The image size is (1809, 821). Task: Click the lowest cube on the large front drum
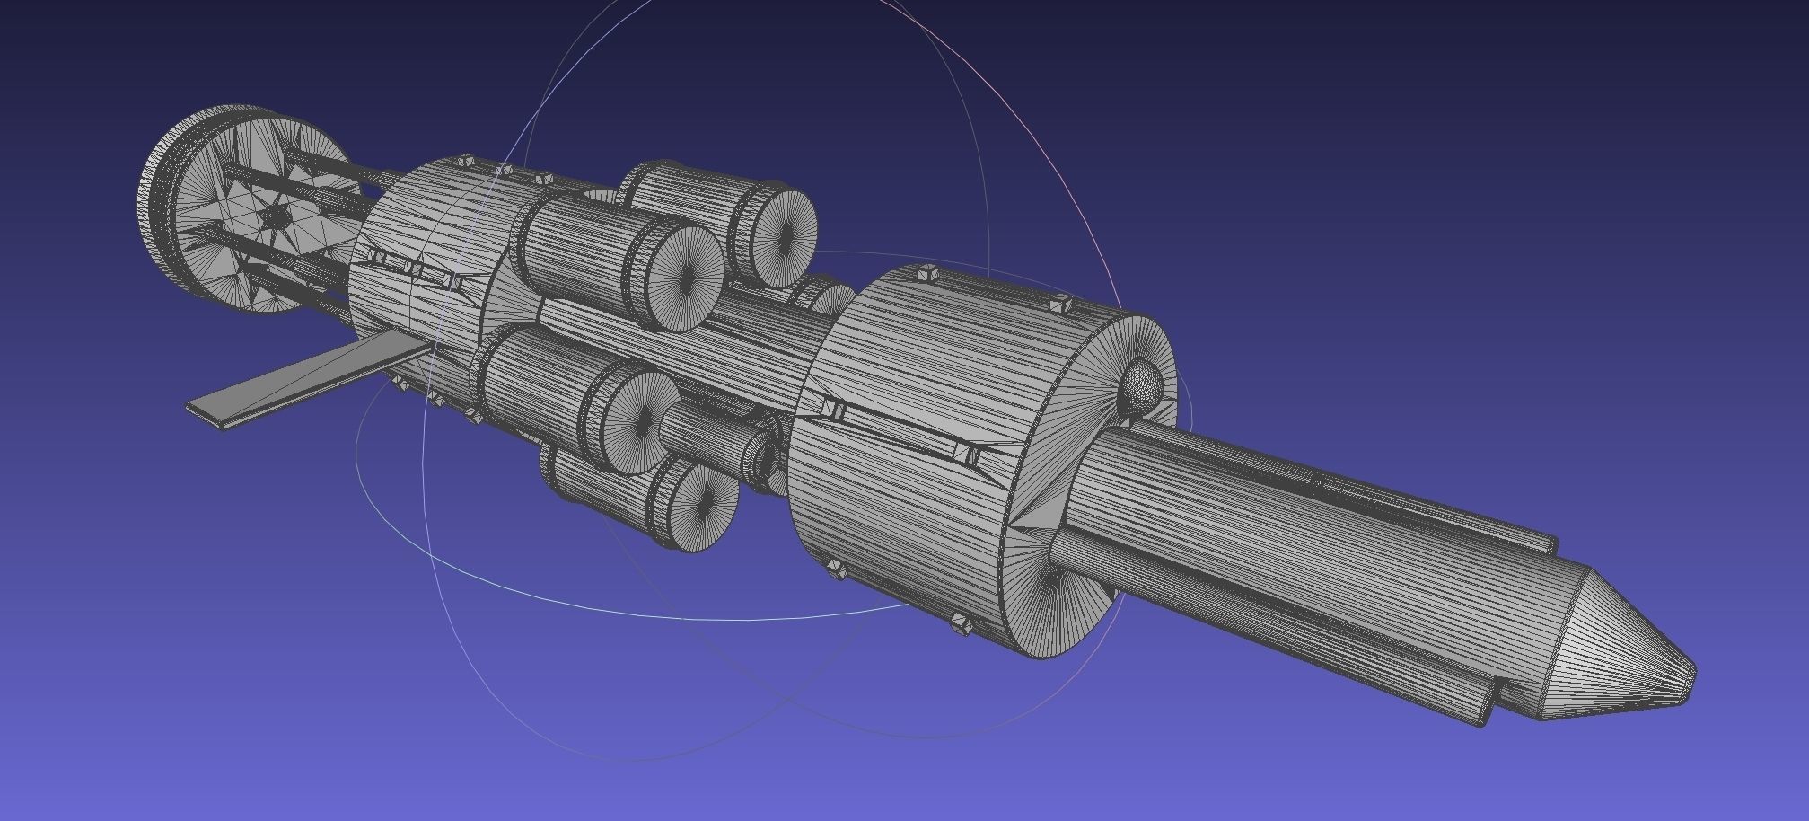pos(961,624)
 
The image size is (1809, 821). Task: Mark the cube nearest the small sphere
pos(1060,304)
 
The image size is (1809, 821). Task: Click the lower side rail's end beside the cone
pos(1486,713)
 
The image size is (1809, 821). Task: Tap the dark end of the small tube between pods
pos(766,460)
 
